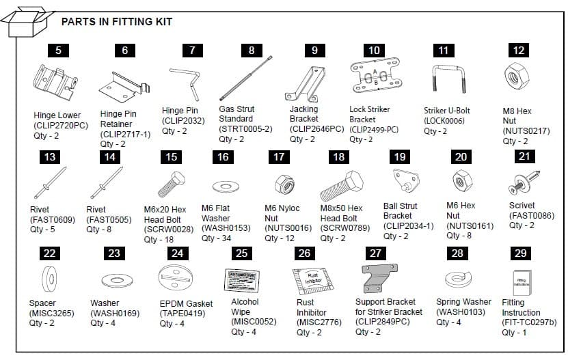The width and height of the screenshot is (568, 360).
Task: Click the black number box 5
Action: coord(58,50)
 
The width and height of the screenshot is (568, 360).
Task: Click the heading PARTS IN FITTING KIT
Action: coord(117,22)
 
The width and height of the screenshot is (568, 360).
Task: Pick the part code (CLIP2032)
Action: coord(182,120)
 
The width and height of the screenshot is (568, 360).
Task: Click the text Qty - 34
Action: coord(219,238)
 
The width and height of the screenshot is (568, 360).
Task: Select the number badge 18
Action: coord(338,157)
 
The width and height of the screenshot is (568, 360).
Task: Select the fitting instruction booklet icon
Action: coord(520,281)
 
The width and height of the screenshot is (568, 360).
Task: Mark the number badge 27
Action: coord(375,253)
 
